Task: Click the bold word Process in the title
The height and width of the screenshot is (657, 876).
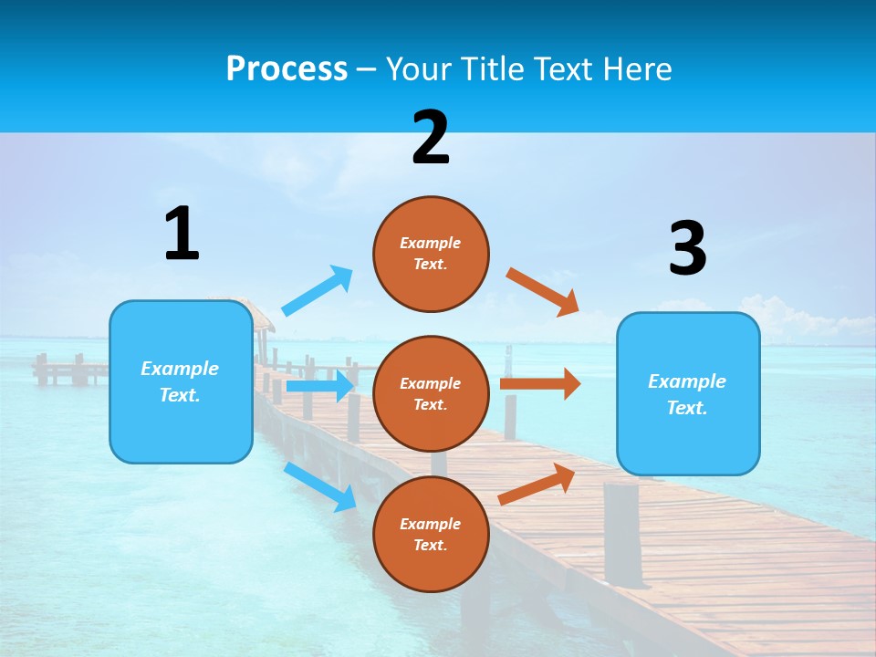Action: click(287, 68)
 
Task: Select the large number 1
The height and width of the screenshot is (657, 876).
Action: click(182, 234)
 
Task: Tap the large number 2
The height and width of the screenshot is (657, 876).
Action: click(431, 138)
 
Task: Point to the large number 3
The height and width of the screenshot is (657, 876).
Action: click(687, 248)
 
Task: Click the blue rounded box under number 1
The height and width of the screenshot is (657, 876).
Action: click(181, 382)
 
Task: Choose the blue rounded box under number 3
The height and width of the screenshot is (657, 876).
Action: click(688, 393)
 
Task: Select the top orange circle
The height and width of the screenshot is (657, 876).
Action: click(431, 254)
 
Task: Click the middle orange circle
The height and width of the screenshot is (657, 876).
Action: click(431, 393)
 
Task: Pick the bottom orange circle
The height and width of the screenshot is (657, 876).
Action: click(431, 534)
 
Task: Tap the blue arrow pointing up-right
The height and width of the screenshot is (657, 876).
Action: click(317, 291)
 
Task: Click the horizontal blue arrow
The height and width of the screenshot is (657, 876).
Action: click(319, 386)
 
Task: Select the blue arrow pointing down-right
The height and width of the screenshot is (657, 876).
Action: click(319, 485)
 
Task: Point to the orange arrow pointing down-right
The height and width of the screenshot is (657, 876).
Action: click(543, 291)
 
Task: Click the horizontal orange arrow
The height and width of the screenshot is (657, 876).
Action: click(540, 384)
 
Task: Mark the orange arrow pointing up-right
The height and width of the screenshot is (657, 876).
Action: click(537, 484)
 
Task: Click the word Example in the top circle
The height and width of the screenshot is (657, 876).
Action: click(431, 243)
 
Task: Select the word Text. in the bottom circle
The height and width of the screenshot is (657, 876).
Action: click(431, 545)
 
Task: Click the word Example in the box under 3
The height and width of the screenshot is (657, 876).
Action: click(687, 381)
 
